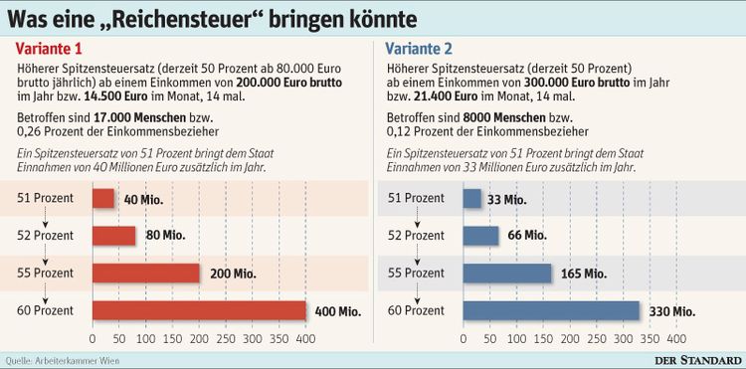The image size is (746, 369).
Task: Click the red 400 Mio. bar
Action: [199, 311]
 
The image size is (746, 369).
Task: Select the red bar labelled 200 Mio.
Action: [146, 274]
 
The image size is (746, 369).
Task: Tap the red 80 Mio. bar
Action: [113, 236]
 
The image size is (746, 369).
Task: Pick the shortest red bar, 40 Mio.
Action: [103, 199]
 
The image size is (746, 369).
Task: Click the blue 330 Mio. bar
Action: [551, 311]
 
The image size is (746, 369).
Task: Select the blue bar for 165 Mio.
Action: [507, 274]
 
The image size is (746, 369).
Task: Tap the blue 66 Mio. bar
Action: [480, 236]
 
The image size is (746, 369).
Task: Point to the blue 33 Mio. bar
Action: [471, 199]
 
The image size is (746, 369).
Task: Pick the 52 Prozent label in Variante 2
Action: [416, 236]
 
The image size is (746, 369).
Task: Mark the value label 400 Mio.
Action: [335, 311]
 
